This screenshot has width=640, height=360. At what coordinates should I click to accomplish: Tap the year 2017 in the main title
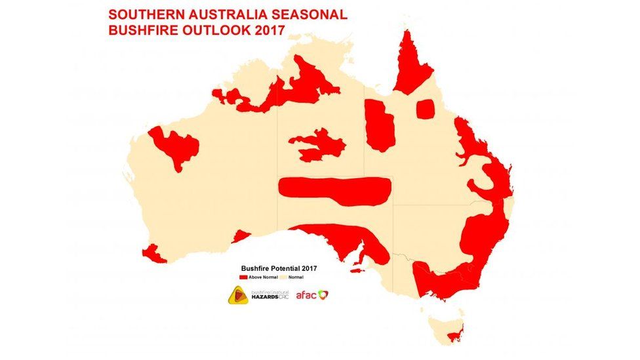coord(266,30)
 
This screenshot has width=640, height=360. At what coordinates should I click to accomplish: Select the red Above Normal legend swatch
coord(243,277)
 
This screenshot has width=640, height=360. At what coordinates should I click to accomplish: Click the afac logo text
coord(306,296)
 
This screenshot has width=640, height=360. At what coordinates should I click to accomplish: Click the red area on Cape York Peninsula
coord(411,66)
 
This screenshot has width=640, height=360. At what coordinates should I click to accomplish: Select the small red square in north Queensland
coord(426,108)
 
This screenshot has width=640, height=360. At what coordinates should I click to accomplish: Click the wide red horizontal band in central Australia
coord(334,190)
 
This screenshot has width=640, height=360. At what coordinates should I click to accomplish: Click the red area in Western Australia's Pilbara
coord(176,147)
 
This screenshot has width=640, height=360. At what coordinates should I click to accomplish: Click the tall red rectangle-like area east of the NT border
coord(380,125)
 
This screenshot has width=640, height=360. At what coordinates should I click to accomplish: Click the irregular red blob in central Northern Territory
coord(318,144)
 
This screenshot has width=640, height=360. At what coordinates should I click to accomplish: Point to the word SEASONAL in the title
coord(308,14)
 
